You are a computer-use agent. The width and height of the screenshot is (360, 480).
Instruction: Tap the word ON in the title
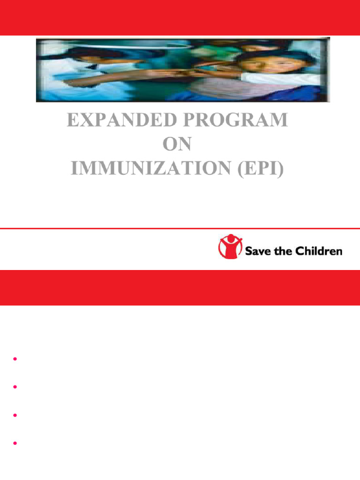coord(177,145)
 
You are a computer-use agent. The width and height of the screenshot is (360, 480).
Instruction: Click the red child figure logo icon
coord(230,247)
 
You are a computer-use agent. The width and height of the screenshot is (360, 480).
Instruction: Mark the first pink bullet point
coord(15,359)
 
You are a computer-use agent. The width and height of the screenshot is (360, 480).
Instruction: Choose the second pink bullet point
coord(15,387)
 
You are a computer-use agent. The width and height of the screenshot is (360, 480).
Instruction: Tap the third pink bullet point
coord(15,415)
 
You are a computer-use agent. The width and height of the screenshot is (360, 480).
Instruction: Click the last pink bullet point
coord(15,443)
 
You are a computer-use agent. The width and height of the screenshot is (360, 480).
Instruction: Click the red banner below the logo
coord(180,287)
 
